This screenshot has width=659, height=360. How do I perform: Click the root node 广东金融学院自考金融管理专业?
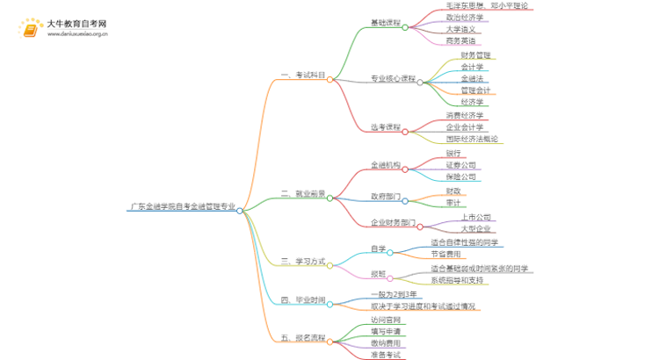182,209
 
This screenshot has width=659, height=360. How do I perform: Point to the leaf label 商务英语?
460,40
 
